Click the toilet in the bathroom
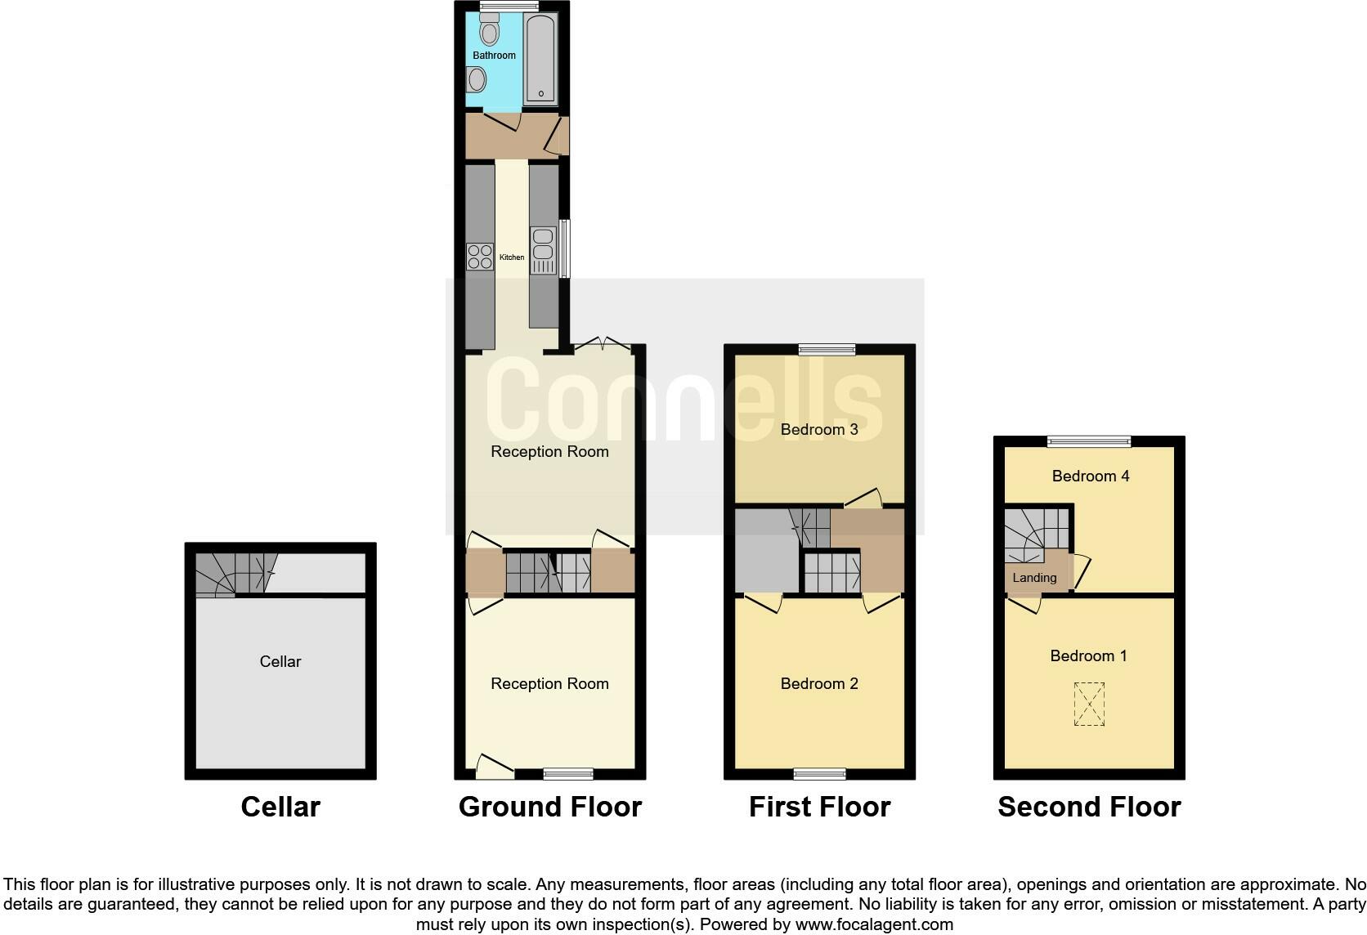point(490,30)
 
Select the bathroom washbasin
point(477,80)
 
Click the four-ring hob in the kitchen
point(480,257)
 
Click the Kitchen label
point(512,257)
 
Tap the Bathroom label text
point(494,56)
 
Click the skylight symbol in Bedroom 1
point(1089,704)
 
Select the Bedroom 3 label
point(818,430)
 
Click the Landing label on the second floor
point(1034,578)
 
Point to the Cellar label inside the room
point(280,662)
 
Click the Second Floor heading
point(1089,807)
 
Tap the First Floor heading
point(819,807)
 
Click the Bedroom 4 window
point(1089,441)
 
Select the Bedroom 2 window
point(819,773)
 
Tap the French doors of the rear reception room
point(603,346)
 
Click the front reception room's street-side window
point(568,773)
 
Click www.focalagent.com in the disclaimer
point(874,925)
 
